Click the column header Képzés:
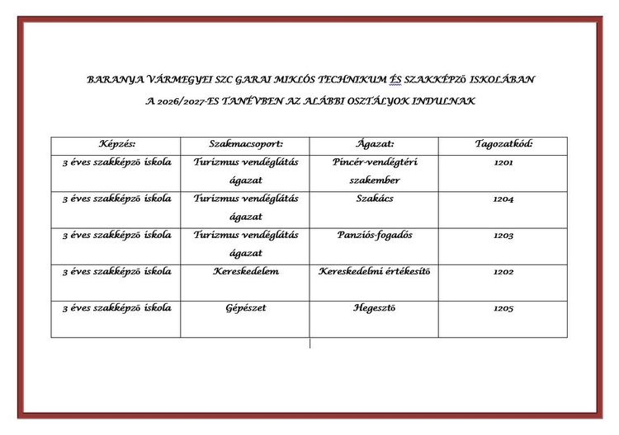tap(116, 144)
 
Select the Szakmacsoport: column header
tap(246, 144)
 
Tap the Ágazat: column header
tap(375, 144)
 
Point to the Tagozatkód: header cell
tap(503, 144)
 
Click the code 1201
tap(503, 163)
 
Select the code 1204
tap(503, 199)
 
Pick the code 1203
tap(503, 236)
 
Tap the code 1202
tap(503, 272)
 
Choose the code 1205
tap(503, 309)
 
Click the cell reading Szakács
tap(375, 199)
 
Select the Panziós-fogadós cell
tap(375, 235)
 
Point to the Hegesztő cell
tap(375, 308)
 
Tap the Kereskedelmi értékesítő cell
tap(375, 271)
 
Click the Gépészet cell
tap(246, 308)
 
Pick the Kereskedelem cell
tap(246, 271)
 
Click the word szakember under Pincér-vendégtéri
tap(375, 180)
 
